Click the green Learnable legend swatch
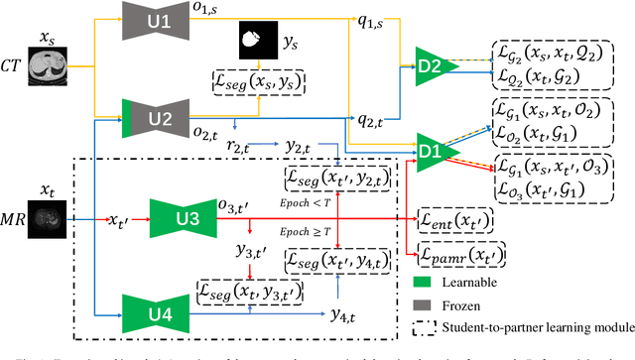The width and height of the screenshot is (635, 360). [428, 280]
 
